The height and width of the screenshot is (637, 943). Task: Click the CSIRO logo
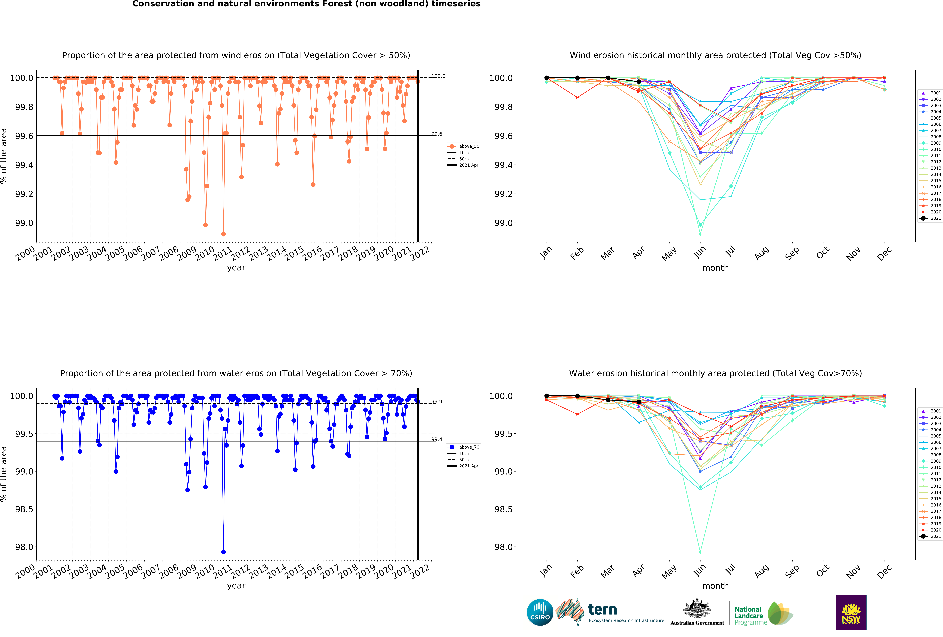[540, 612]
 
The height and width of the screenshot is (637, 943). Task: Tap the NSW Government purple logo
[851, 612]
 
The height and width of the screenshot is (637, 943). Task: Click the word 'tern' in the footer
[603, 609]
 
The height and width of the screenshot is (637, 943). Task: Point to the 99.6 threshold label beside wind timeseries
[437, 134]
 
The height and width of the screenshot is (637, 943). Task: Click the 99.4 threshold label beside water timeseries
[437, 439]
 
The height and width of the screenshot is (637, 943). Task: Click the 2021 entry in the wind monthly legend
[936, 218]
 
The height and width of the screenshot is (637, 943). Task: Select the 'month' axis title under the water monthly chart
[715, 586]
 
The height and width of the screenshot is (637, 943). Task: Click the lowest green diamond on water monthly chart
[700, 552]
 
